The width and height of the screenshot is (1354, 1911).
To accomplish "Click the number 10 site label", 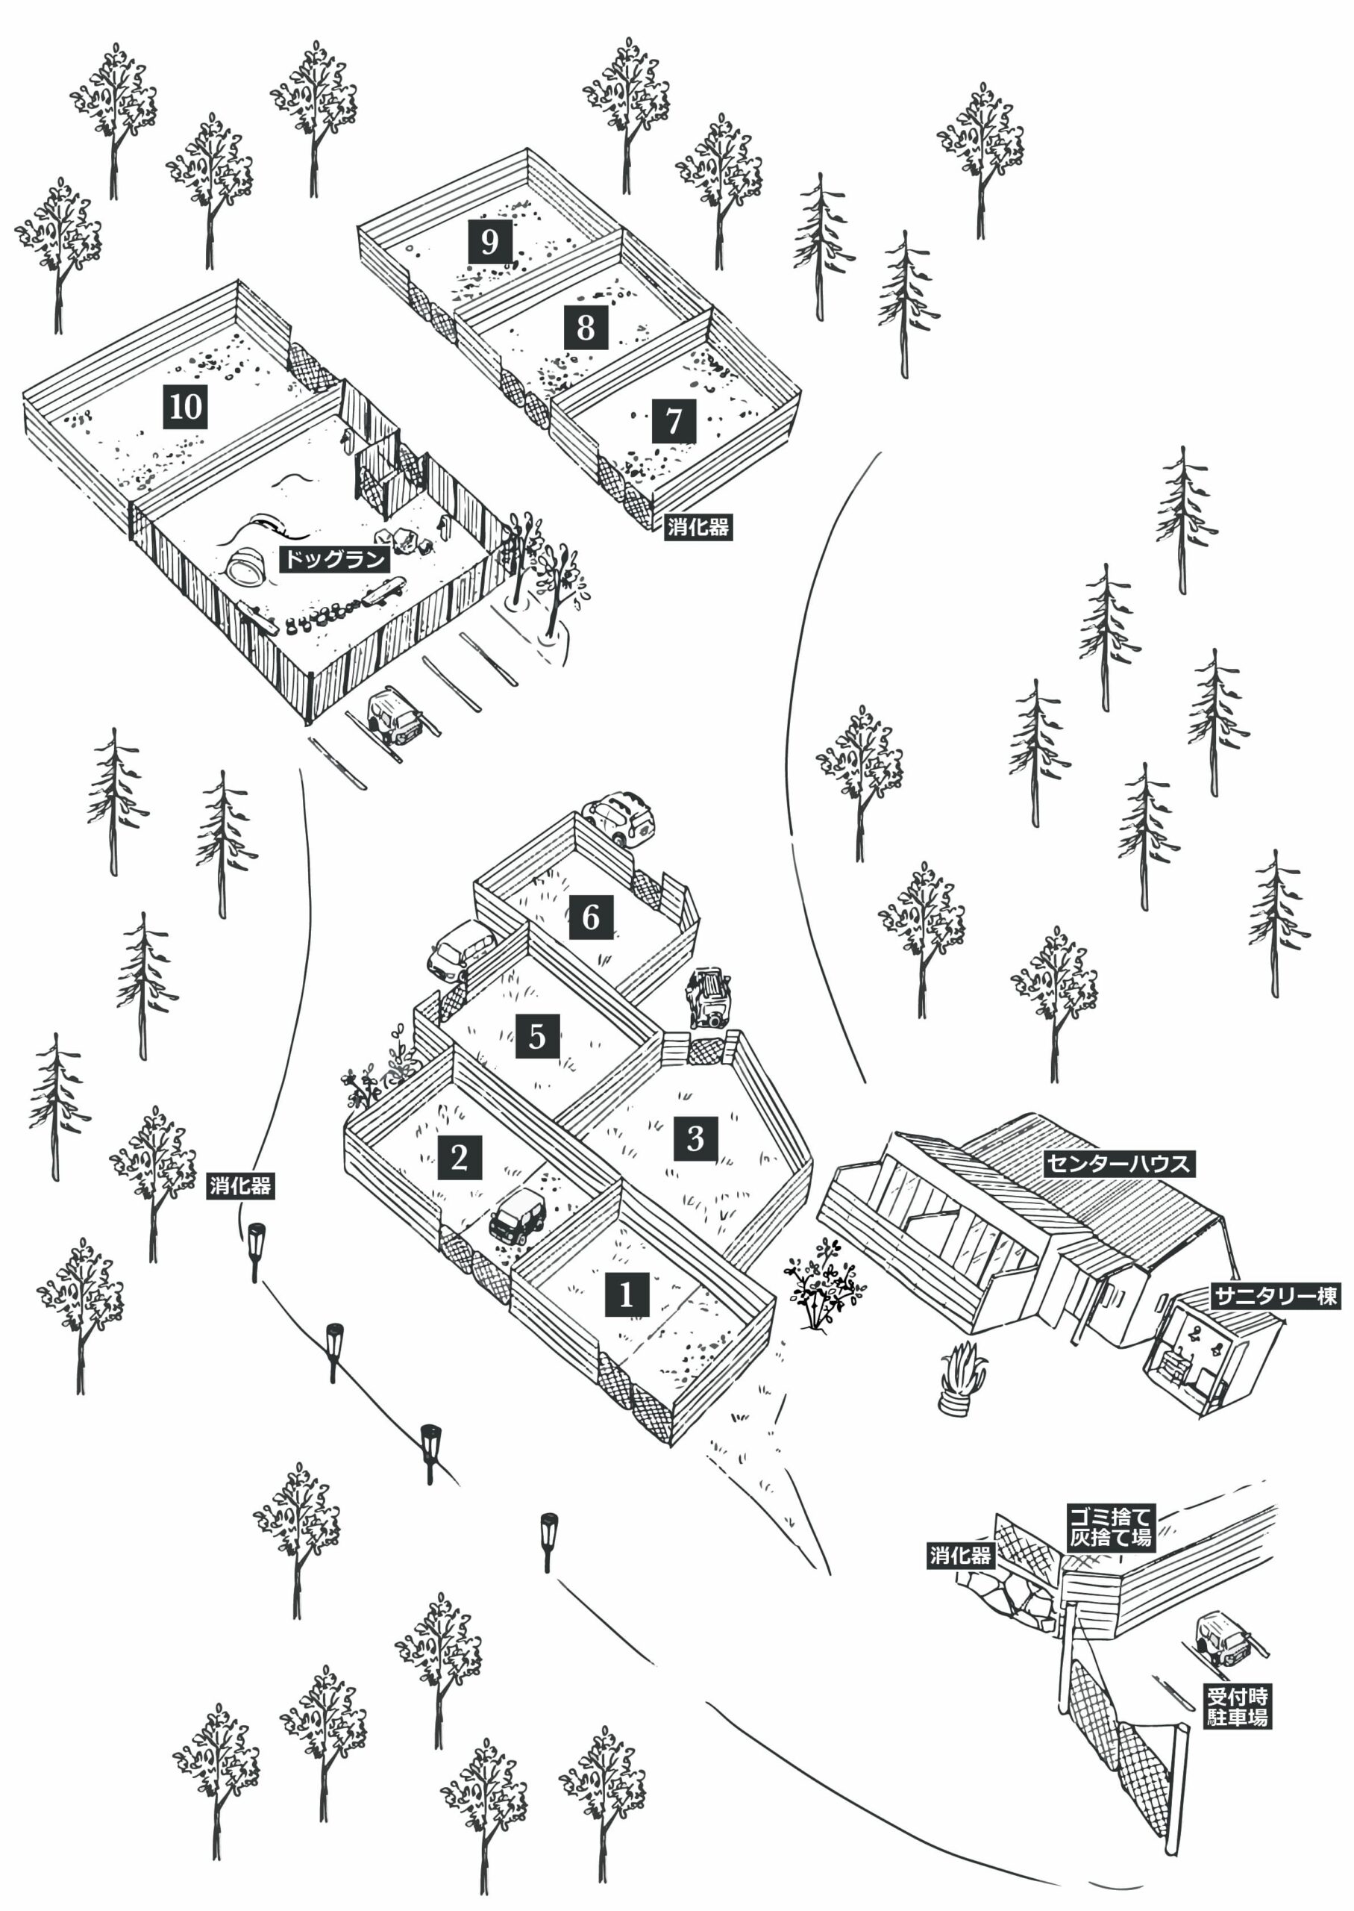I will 184,406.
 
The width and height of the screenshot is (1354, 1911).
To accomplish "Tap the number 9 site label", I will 489,242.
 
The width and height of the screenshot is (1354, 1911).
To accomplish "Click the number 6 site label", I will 590,917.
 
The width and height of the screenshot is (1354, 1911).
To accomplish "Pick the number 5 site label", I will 537,1036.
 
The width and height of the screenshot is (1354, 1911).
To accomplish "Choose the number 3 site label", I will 695,1138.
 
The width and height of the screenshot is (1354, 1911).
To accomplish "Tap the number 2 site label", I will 460,1157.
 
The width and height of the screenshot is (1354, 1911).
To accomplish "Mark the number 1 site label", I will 626,1294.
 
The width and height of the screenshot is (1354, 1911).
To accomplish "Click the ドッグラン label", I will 334,559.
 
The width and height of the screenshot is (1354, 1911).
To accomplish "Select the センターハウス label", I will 1119,1164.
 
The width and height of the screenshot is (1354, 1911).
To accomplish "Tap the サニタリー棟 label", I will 1275,1296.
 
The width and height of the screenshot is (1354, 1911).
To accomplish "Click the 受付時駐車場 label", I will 1238,1706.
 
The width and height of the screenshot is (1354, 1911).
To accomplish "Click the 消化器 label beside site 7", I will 698,527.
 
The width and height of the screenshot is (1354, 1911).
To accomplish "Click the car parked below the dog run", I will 394,715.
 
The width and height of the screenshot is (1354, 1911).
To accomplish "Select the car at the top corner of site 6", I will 618,817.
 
